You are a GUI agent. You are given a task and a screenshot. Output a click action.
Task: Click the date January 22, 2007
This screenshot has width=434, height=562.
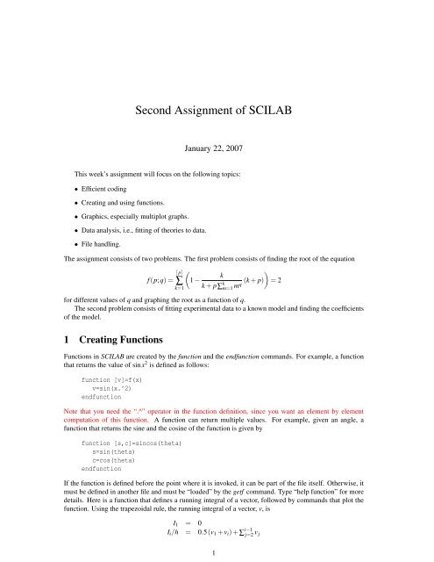tap(217, 149)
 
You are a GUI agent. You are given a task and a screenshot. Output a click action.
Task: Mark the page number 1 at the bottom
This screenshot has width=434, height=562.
tap(217, 553)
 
